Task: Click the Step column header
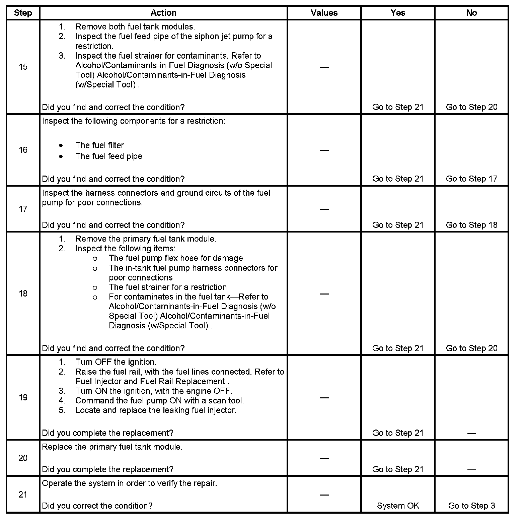click(23, 13)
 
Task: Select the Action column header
click(163, 13)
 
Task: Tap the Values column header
click(324, 13)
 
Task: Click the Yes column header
click(397, 13)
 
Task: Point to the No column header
click(471, 13)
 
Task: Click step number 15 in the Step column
click(23, 67)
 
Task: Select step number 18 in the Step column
click(23, 294)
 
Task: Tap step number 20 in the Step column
click(23, 458)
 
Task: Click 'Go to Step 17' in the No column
click(471, 179)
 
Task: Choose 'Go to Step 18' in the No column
click(471, 225)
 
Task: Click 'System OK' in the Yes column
click(398, 506)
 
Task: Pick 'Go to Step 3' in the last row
click(471, 506)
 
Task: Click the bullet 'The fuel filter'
click(99, 145)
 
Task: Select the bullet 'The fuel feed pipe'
click(108, 156)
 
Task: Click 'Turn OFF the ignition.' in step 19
click(116, 362)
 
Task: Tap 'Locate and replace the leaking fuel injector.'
click(156, 410)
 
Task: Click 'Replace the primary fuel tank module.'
click(112, 447)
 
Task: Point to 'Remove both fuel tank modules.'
click(135, 27)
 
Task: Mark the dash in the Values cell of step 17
click(324, 209)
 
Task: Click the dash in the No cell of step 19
click(471, 433)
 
